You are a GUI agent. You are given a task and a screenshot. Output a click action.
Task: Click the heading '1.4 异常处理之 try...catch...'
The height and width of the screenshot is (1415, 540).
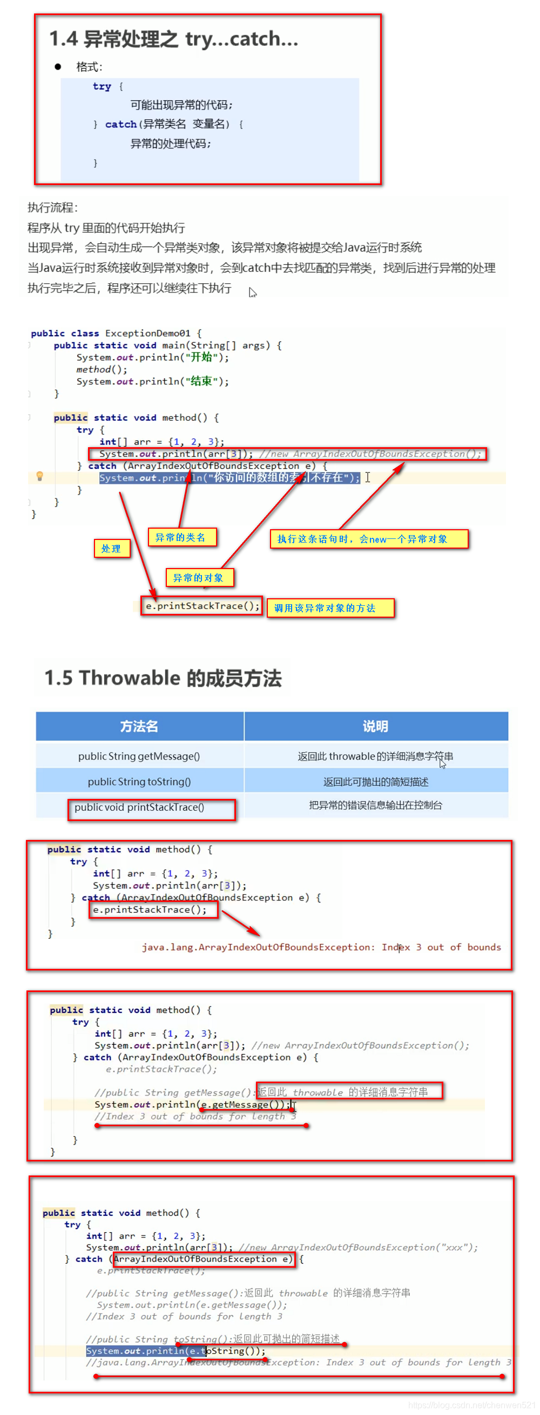pyautogui.click(x=173, y=39)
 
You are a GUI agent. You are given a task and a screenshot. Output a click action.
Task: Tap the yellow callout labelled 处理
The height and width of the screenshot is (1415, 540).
pyautogui.click(x=112, y=548)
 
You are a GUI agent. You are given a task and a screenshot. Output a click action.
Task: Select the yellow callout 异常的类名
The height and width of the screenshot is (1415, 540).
pyautogui.click(x=181, y=537)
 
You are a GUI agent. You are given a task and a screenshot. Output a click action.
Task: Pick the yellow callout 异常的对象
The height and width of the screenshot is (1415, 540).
pyautogui.click(x=199, y=577)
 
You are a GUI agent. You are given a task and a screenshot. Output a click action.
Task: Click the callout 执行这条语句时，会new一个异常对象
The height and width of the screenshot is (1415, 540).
pyautogui.click(x=368, y=539)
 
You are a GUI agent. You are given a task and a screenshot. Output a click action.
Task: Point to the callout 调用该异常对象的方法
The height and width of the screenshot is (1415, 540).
pyautogui.click(x=330, y=607)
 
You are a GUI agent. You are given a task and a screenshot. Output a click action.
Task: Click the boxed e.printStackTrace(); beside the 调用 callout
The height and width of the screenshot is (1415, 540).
pyautogui.click(x=202, y=606)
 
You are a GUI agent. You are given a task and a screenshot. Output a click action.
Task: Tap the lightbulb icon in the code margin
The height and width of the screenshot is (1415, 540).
pyautogui.click(x=39, y=476)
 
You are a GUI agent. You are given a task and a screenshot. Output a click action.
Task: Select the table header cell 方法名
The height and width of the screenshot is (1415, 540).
pyautogui.click(x=139, y=726)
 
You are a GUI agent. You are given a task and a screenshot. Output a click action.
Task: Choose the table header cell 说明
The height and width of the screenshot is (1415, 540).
pyautogui.click(x=376, y=726)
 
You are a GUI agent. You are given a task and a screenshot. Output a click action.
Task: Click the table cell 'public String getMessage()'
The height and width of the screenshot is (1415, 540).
pyautogui.click(x=139, y=756)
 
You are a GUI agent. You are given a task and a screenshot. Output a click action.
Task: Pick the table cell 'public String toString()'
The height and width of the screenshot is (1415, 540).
pyautogui.click(x=139, y=781)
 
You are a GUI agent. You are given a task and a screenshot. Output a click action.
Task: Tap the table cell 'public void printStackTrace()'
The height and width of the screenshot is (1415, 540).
pyautogui.click(x=139, y=807)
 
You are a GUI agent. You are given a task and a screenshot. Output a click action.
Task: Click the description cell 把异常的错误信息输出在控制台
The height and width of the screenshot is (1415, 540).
pyautogui.click(x=376, y=805)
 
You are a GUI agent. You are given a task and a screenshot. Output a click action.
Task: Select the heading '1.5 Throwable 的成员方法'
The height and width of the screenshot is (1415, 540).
pyautogui.click(x=163, y=678)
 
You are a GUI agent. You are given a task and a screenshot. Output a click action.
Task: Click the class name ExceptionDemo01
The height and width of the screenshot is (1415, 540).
pyautogui.click(x=147, y=333)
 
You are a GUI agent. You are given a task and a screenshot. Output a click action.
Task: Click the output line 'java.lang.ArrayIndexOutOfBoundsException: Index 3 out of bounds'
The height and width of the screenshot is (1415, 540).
pyautogui.click(x=321, y=947)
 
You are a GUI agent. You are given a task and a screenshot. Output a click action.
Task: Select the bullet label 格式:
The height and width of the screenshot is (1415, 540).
pyautogui.click(x=89, y=67)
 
